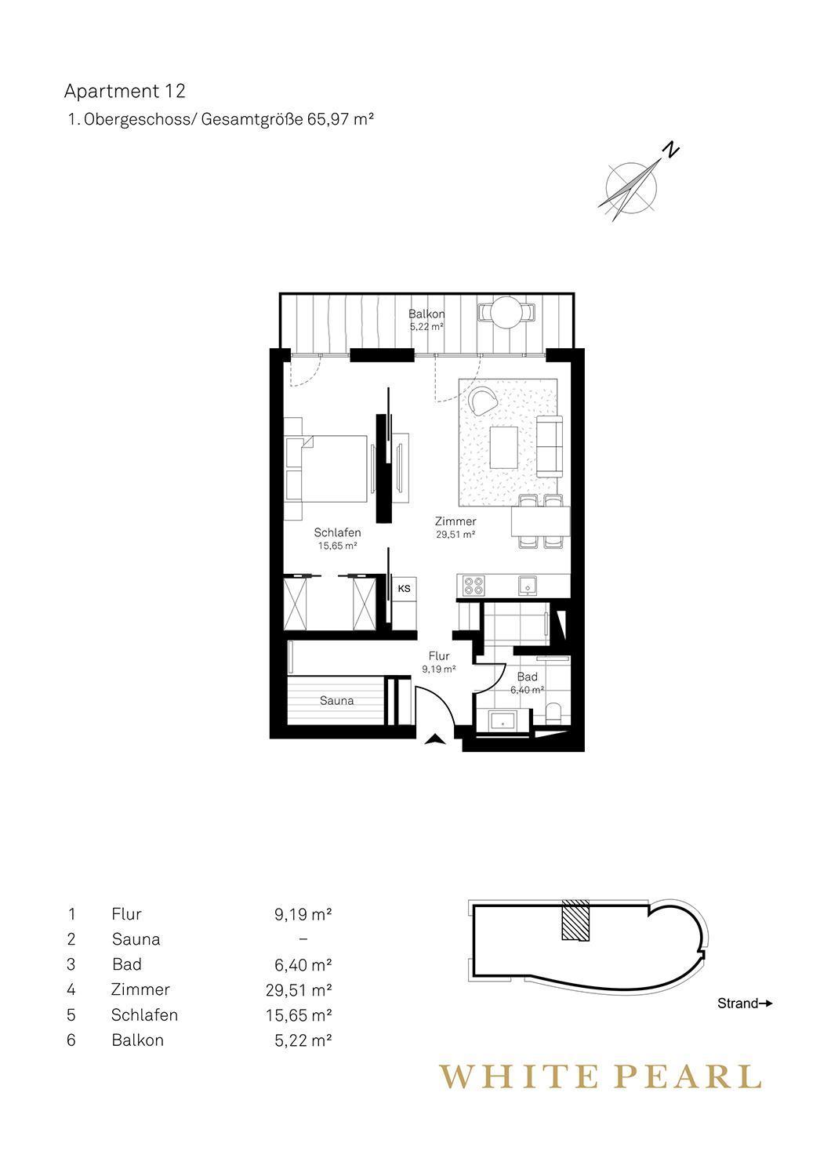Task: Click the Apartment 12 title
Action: (x=125, y=92)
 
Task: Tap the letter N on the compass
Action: (x=671, y=151)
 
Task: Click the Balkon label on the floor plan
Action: (x=426, y=314)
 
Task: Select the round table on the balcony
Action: (x=506, y=312)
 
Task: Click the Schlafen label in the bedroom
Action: (x=338, y=532)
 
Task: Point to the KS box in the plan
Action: (x=405, y=589)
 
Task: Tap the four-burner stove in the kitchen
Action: (x=474, y=586)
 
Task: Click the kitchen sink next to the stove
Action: (x=527, y=586)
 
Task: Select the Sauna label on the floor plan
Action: (x=336, y=700)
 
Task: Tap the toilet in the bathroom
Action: (x=553, y=713)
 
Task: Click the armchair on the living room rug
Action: (x=484, y=401)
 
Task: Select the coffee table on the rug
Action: (x=503, y=447)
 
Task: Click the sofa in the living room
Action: (x=549, y=447)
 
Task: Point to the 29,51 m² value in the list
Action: (x=299, y=990)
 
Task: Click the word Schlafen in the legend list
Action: (x=144, y=1014)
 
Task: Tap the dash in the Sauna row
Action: (x=303, y=939)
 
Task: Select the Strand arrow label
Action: (x=745, y=1004)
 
